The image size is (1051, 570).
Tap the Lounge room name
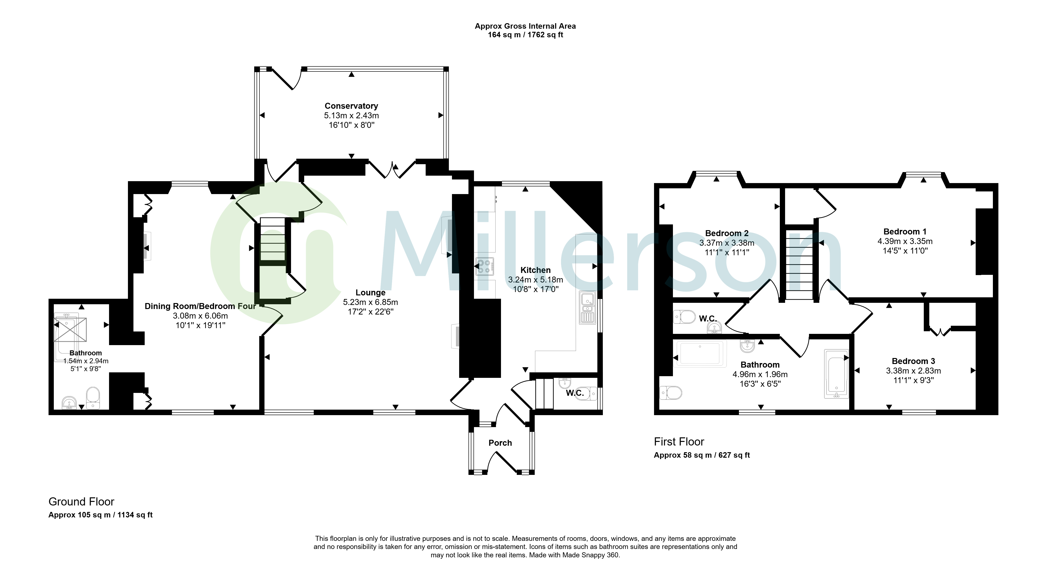[370, 292]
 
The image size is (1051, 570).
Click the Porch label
[500, 443]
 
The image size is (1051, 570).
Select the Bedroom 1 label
[905, 232]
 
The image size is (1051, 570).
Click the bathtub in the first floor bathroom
[836, 374]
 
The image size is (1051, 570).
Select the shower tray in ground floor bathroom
[71, 329]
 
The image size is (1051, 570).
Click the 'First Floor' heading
[679, 442]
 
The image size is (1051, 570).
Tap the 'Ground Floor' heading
[81, 501]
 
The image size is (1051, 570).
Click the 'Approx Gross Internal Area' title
[525, 26]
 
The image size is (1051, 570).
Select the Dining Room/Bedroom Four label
[200, 306]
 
